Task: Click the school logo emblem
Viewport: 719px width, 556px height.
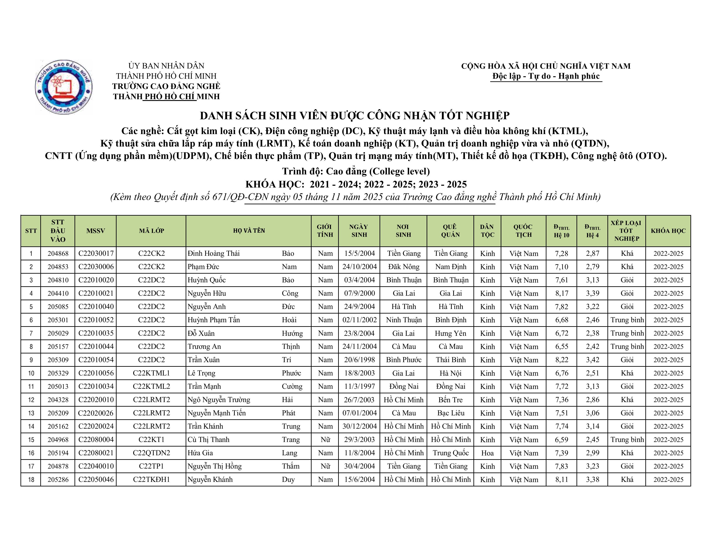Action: (x=64, y=87)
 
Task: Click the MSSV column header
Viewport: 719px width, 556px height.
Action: (x=95, y=231)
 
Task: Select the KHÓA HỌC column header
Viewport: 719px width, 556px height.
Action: (x=668, y=231)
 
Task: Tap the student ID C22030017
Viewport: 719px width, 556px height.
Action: (x=96, y=254)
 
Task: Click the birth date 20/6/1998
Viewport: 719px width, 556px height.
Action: (x=359, y=360)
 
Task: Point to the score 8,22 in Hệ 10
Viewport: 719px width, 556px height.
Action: (x=562, y=360)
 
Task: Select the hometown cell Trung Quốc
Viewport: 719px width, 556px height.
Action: (x=450, y=453)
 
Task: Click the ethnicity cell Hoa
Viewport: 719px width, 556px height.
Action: (x=487, y=453)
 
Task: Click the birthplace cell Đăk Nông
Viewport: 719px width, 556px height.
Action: (x=404, y=267)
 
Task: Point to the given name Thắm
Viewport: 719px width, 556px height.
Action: (x=291, y=466)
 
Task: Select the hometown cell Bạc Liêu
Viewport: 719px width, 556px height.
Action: (x=450, y=413)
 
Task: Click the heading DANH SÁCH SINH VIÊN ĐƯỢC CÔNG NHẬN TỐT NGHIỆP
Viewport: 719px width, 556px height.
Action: (x=354, y=116)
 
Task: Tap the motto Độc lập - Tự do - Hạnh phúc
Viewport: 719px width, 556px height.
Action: (x=546, y=76)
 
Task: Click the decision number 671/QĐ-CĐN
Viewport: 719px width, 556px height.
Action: (x=241, y=197)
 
